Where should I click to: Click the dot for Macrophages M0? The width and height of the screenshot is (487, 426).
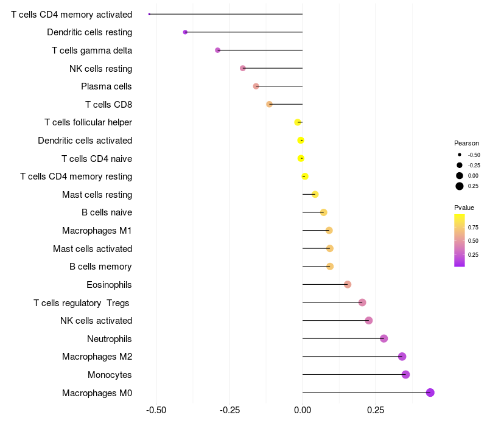click(x=430, y=393)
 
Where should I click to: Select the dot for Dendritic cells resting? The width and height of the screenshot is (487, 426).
click(x=185, y=32)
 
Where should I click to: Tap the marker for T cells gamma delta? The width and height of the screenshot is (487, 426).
click(x=218, y=50)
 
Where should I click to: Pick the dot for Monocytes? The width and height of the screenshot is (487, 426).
click(x=405, y=374)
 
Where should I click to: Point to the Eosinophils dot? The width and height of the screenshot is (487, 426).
click(x=348, y=284)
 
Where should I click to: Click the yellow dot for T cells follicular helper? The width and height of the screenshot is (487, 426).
click(x=298, y=122)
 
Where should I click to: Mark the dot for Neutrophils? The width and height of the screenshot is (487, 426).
click(x=384, y=338)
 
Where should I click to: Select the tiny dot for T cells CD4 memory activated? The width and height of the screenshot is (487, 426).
click(x=149, y=14)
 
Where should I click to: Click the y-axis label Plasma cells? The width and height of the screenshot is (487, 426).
click(x=106, y=86)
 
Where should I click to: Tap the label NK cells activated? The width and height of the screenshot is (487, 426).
click(x=96, y=321)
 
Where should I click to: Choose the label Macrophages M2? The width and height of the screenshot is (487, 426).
click(x=97, y=357)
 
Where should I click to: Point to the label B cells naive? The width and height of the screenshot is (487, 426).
click(x=107, y=212)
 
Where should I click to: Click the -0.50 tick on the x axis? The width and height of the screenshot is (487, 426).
click(x=156, y=410)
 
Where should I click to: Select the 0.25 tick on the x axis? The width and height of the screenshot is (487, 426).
click(x=376, y=410)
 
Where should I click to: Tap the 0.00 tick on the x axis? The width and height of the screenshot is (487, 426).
click(x=303, y=410)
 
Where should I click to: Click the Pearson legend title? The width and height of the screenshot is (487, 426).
click(x=466, y=143)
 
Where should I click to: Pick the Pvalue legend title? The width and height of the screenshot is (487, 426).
click(x=464, y=208)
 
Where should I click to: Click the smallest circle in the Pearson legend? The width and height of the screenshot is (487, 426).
click(x=460, y=155)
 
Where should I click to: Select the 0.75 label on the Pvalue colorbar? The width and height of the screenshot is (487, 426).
click(x=473, y=227)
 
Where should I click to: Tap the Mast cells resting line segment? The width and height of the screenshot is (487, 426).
click(x=309, y=194)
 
